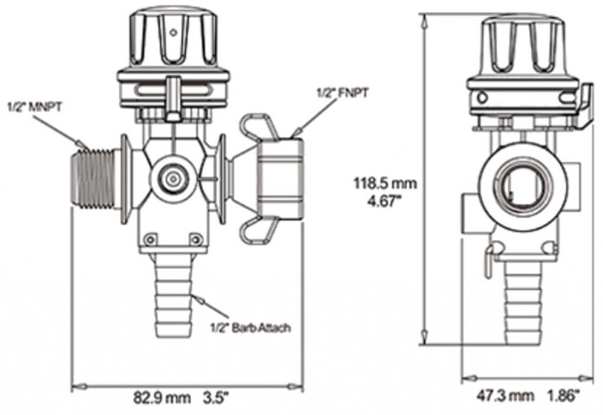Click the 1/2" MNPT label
pyautogui.click(x=34, y=107)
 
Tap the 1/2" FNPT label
pyautogui.click(x=343, y=92)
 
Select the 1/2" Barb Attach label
pyautogui.click(x=250, y=328)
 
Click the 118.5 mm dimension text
pyautogui.click(x=385, y=183)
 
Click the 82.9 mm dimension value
pyautogui.click(x=162, y=398)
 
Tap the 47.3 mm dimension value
pyautogui.click(x=505, y=395)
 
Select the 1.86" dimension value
pyautogui.click(x=564, y=395)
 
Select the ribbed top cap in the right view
pyautogui.click(x=523, y=46)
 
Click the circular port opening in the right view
pyautogui.click(x=523, y=187)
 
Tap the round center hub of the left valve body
pyautogui.click(x=174, y=179)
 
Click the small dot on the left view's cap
pyautogui.click(x=174, y=32)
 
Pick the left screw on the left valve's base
pyautogui.click(x=151, y=240)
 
